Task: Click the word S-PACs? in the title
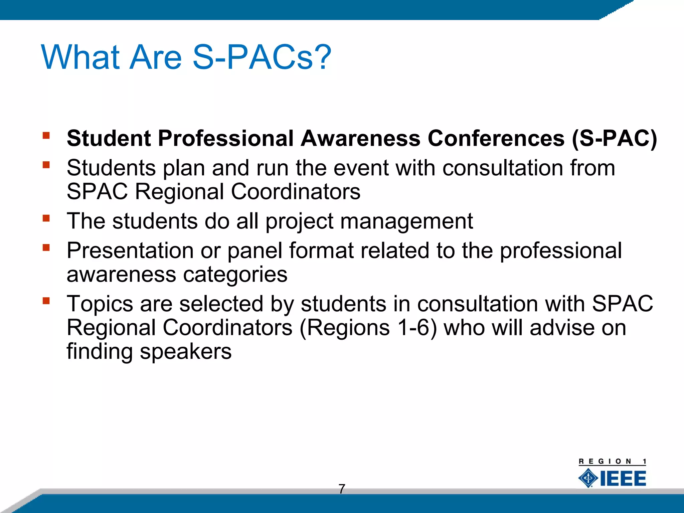(x=262, y=57)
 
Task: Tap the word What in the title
(x=80, y=57)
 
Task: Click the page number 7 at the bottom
(x=342, y=489)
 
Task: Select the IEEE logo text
(x=623, y=479)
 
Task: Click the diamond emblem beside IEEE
(x=588, y=478)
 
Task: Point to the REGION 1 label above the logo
(x=612, y=462)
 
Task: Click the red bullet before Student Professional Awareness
(x=46, y=135)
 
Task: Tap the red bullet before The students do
(x=46, y=218)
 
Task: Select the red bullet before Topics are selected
(x=46, y=301)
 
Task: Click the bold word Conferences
(x=496, y=138)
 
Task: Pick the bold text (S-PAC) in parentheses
(x=614, y=138)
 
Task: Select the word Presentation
(x=130, y=250)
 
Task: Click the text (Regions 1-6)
(x=368, y=328)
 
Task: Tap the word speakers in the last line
(x=185, y=351)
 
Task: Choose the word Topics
(x=100, y=304)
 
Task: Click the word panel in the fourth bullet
(x=255, y=250)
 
